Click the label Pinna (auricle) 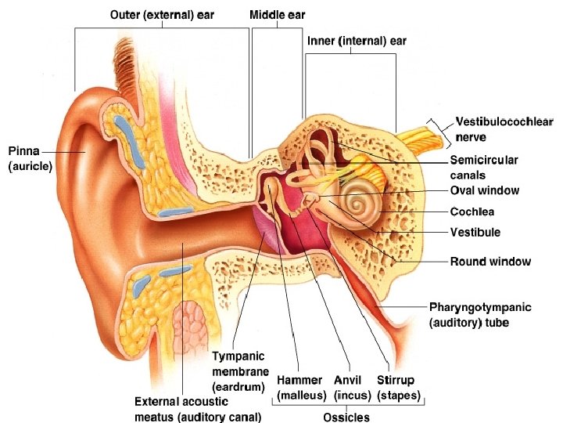30,158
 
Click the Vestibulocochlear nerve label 504,129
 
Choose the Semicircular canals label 484,167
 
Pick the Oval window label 484,190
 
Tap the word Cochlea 472,211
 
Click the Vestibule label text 475,233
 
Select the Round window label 490,262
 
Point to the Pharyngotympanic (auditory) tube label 480,315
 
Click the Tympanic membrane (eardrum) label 240,371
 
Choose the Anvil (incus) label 352,387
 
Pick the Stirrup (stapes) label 399,387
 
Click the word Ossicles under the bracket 346,417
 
